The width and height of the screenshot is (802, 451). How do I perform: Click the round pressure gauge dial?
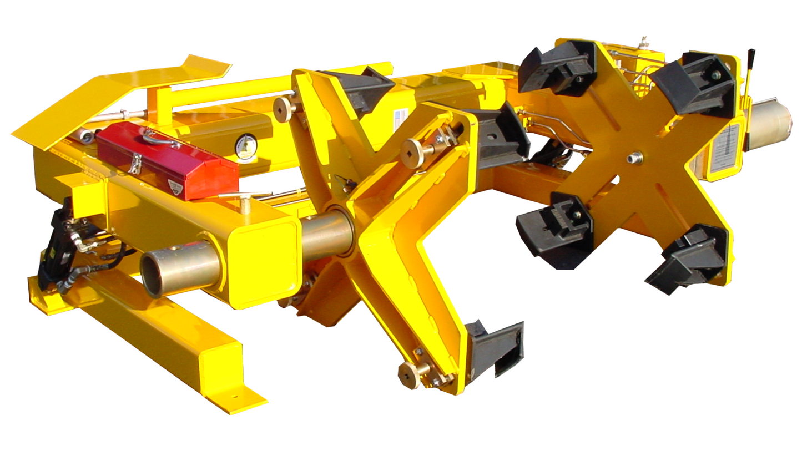pos(245,146)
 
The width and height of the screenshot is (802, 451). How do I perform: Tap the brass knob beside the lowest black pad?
pos(411,375)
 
